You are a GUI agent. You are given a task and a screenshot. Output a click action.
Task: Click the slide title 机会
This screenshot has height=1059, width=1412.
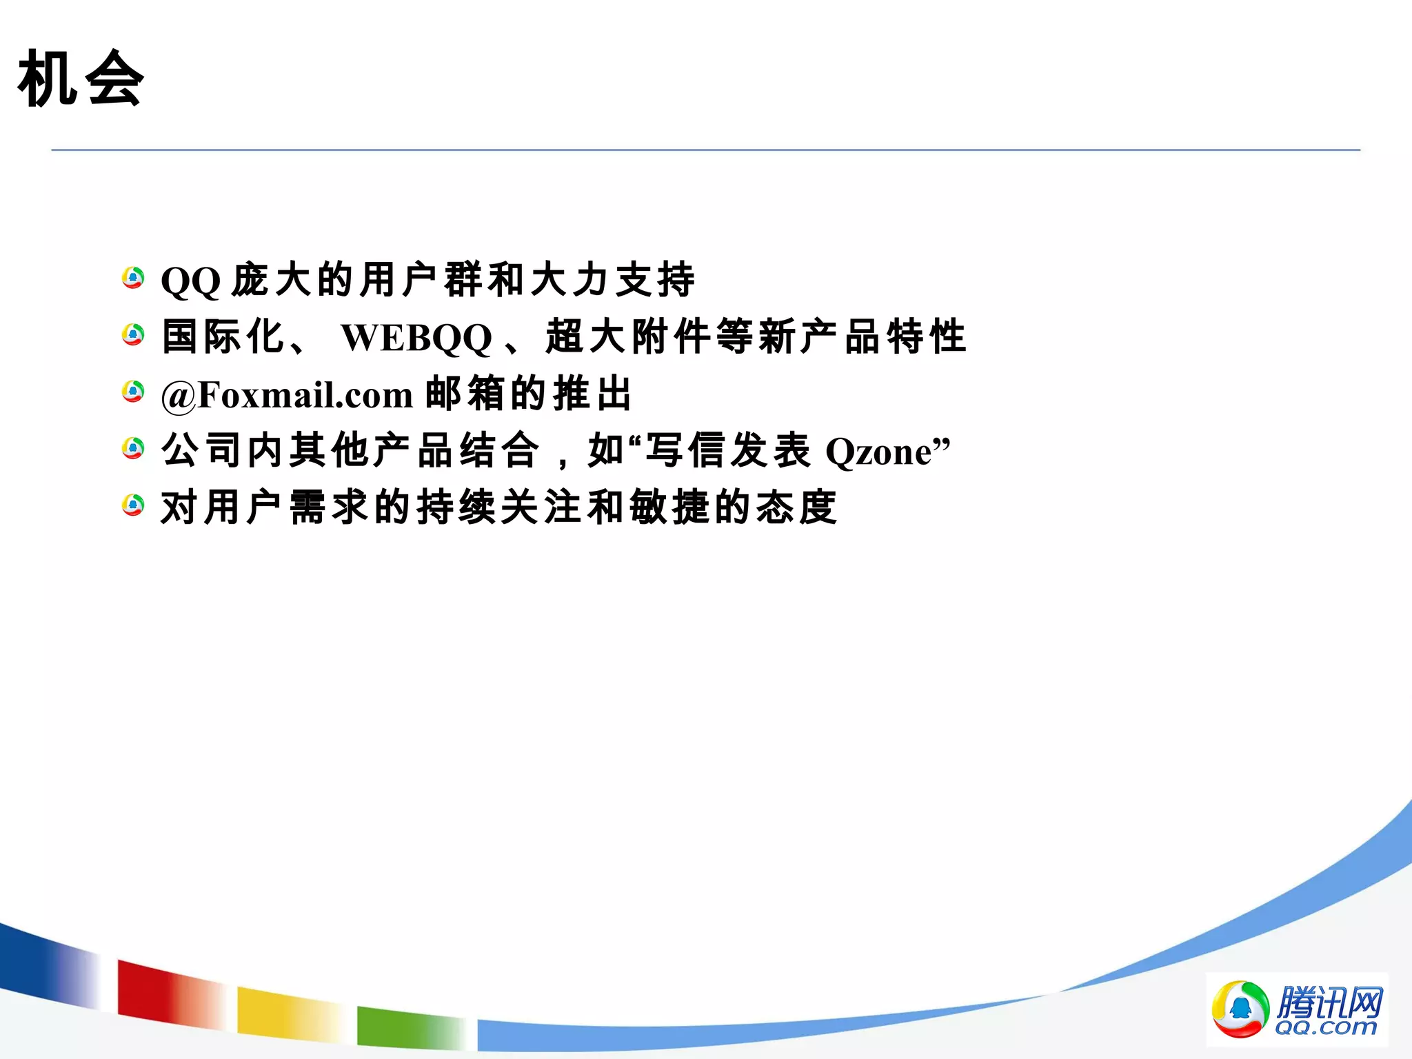pyautogui.click(x=81, y=79)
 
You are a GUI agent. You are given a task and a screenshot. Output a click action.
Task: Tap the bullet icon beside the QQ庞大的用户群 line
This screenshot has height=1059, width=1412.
pyautogui.click(x=133, y=279)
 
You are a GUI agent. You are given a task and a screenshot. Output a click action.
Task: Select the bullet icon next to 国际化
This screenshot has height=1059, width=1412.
pyautogui.click(x=133, y=336)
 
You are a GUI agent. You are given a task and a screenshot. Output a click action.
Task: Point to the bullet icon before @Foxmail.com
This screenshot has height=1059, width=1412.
pyautogui.click(x=133, y=392)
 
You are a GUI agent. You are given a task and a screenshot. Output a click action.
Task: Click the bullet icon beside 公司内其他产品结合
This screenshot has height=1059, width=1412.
pyautogui.click(x=133, y=449)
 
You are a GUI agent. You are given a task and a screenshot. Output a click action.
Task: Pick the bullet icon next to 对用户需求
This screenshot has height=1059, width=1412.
pyautogui.click(x=133, y=505)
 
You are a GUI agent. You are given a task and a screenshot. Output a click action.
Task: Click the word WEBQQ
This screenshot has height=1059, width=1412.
pyautogui.click(x=416, y=338)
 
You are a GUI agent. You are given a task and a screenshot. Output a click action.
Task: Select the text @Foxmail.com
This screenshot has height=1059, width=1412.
pyautogui.click(x=287, y=395)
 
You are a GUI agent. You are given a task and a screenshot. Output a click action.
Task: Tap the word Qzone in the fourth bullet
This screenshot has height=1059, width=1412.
pyautogui.click(x=878, y=452)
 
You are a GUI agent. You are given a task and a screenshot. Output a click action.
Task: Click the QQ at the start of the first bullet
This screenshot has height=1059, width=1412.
pyautogui.click(x=190, y=281)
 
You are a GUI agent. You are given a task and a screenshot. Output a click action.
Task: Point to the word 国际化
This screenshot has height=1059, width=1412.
pyautogui.click(x=223, y=336)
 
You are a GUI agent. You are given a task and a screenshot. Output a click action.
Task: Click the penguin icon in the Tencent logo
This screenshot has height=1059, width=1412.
pyautogui.click(x=1240, y=1009)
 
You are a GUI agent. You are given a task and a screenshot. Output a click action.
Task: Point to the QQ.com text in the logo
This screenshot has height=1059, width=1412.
pyautogui.click(x=1325, y=1027)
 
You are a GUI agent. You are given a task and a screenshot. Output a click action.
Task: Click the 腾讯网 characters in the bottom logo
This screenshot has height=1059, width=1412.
pyautogui.click(x=1329, y=1001)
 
